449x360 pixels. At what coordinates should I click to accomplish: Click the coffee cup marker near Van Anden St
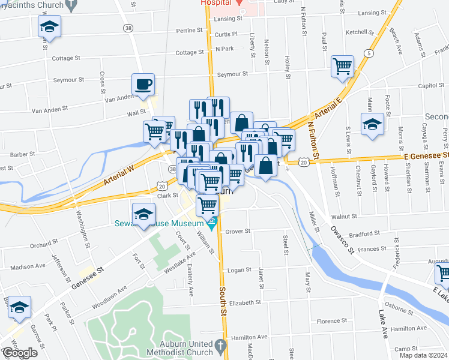pos(143,83)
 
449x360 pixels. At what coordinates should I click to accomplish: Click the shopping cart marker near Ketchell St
pos(342,65)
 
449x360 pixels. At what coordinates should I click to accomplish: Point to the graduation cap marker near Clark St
pos(144,213)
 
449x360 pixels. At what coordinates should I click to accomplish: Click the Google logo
pos(19,352)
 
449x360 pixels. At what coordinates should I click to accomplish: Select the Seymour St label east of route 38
pos(233,74)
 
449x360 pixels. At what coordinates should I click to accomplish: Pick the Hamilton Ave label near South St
pos(247,337)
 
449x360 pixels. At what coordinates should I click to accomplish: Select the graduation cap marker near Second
pos(372,124)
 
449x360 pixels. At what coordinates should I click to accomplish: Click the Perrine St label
pos(191,30)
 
